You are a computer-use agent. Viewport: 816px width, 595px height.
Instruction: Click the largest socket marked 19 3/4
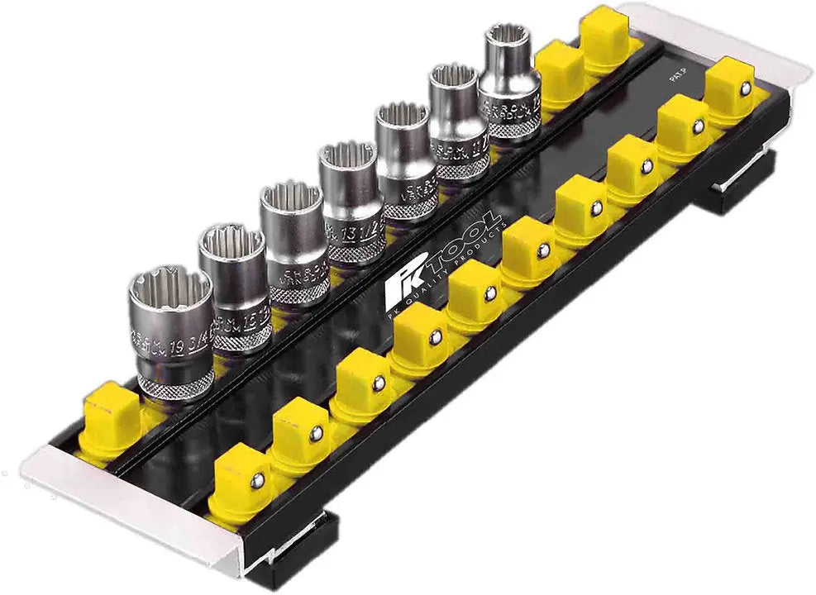[x=171, y=331]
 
